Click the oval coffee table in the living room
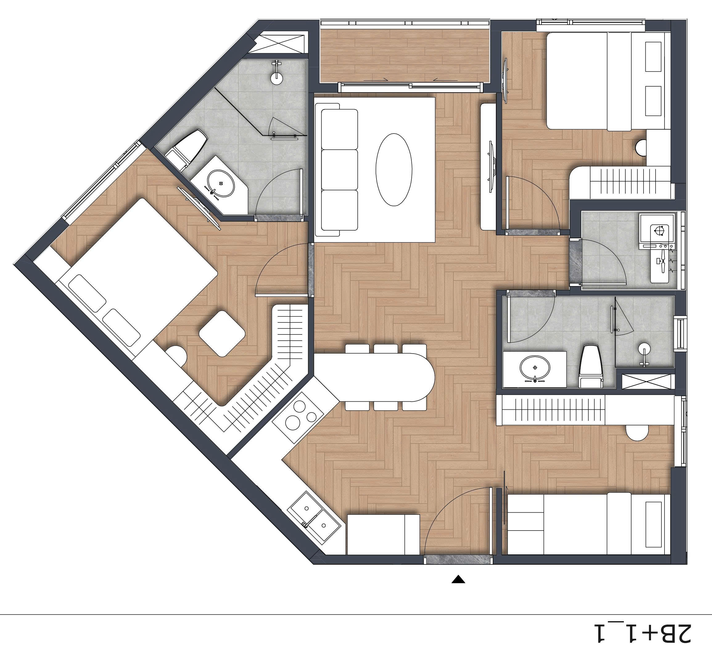pyautogui.click(x=393, y=170)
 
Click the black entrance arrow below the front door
pyautogui.click(x=458, y=579)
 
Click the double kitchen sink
pyautogui.click(x=314, y=517)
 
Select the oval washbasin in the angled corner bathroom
pyautogui.click(x=221, y=183)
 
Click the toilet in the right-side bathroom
pyautogui.click(x=591, y=367)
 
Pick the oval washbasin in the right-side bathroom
pyautogui.click(x=535, y=368)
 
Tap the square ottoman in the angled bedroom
pyautogui.click(x=222, y=333)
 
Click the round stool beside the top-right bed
pyautogui.click(x=641, y=148)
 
